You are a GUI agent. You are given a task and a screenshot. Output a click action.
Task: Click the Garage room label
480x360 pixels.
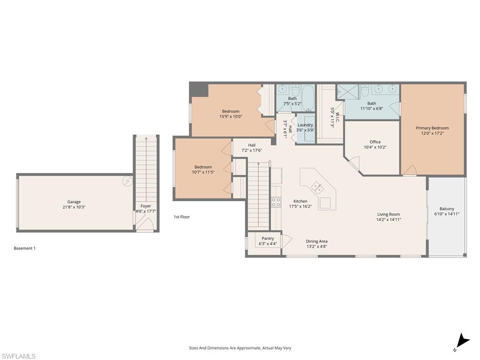click(x=74, y=202)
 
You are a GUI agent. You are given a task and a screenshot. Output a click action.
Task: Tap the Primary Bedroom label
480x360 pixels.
click(x=432, y=128)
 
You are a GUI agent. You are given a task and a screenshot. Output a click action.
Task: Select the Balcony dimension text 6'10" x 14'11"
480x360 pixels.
click(x=447, y=214)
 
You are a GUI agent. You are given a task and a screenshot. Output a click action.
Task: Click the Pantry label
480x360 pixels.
click(x=268, y=239)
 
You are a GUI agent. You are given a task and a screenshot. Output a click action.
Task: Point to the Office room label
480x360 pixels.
click(x=375, y=142)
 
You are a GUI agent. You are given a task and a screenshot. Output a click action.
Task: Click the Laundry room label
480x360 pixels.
click(x=305, y=125)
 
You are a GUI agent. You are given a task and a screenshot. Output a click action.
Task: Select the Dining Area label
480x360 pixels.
click(x=317, y=241)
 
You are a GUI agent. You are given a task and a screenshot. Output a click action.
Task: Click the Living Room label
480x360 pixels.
click(x=389, y=214)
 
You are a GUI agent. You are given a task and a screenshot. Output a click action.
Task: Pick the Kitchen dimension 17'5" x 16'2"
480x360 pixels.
click(x=300, y=206)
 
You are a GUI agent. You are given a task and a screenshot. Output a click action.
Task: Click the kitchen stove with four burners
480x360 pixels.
click(x=276, y=202)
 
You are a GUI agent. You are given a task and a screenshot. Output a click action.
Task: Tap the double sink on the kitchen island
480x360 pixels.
click(x=318, y=188)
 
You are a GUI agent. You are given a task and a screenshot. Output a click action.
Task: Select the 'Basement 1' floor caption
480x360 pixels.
click(x=24, y=248)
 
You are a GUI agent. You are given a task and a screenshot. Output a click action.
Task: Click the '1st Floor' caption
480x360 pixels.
click(x=182, y=217)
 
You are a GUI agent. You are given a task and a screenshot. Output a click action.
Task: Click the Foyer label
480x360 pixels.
click(x=146, y=206)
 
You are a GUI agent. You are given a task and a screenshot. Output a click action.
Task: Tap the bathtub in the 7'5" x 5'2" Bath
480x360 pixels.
click(x=308, y=97)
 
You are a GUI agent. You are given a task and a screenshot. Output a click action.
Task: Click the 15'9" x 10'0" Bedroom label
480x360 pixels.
click(x=231, y=111)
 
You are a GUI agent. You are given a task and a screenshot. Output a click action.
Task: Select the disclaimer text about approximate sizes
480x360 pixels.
click(x=240, y=348)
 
